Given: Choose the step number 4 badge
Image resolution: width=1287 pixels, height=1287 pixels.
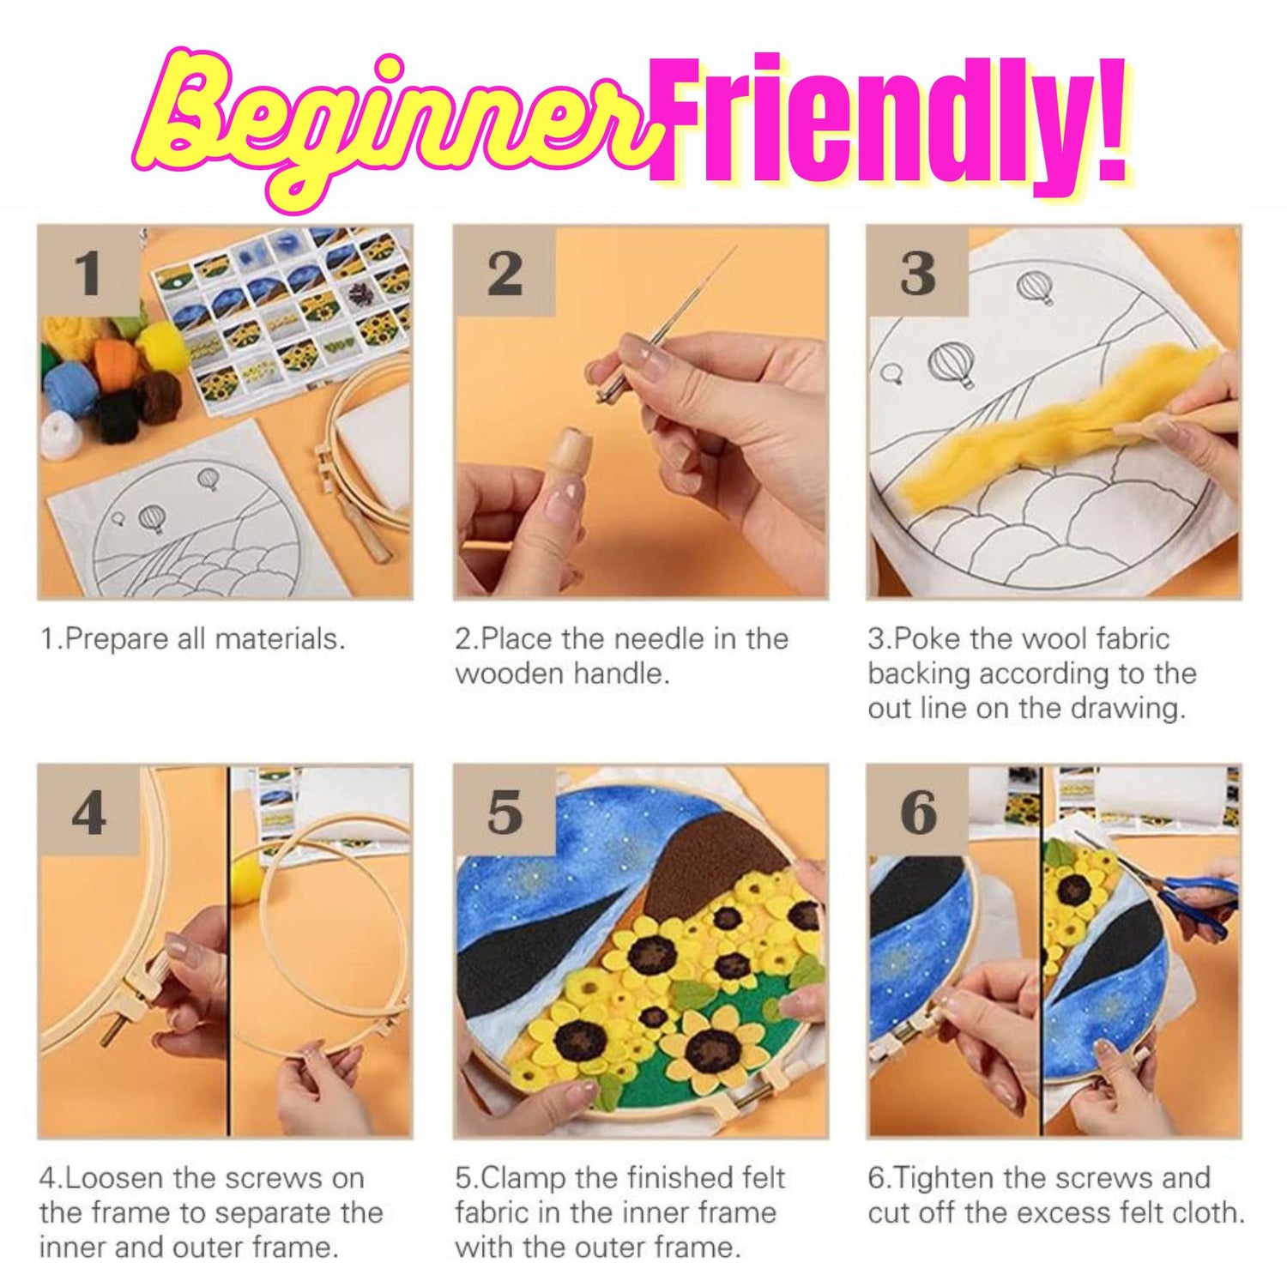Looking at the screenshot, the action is point(89,810).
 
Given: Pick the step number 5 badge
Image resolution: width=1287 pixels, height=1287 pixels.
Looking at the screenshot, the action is point(505,810).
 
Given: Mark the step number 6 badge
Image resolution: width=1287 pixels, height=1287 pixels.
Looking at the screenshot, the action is point(918,810).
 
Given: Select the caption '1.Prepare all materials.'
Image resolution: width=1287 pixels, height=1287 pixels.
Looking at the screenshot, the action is point(193,639).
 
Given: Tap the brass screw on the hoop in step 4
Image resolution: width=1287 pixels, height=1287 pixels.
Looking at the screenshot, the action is point(111,1029).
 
